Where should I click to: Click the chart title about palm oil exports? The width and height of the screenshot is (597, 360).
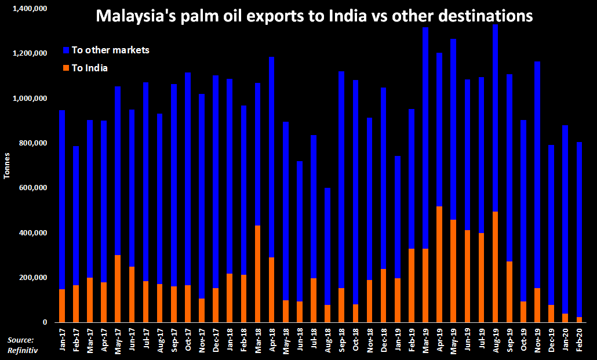tap(314, 16)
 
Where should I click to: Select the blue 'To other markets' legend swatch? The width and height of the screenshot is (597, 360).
tap(66, 50)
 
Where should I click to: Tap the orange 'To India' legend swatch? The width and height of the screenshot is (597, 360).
tap(66, 68)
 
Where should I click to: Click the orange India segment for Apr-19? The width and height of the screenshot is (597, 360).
tap(439, 264)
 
